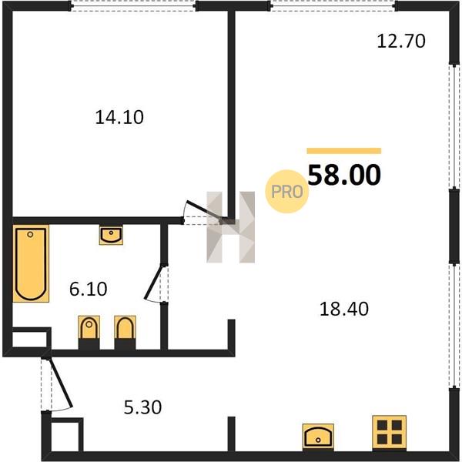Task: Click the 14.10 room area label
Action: click(119, 117)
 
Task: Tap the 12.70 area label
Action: click(401, 41)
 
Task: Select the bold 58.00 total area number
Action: click(344, 175)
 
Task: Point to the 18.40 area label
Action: click(344, 309)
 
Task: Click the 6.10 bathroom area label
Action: click(88, 289)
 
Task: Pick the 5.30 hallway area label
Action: click(142, 407)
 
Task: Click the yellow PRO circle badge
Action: click(287, 192)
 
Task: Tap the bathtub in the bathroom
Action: click(31, 263)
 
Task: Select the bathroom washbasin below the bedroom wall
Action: click(111, 236)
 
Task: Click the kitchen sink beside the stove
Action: click(318, 437)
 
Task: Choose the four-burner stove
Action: click(389, 432)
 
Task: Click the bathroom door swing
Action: click(155, 283)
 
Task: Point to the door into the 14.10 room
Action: click(203, 210)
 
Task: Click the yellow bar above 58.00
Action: click(344, 151)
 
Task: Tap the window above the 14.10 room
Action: click(133, 6)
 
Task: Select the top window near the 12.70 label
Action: click(333, 6)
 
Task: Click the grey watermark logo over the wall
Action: click(231, 227)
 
